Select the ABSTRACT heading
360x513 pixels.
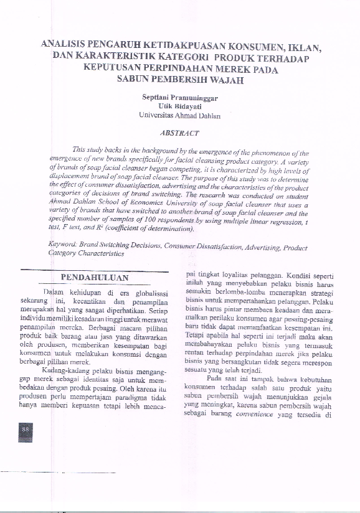point(179,133)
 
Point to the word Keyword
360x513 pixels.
point(63,246)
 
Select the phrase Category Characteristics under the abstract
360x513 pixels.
point(86,254)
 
